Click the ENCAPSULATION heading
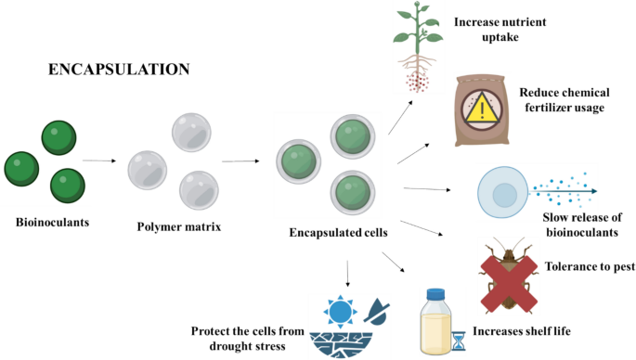119,70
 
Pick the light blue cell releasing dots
502,193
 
